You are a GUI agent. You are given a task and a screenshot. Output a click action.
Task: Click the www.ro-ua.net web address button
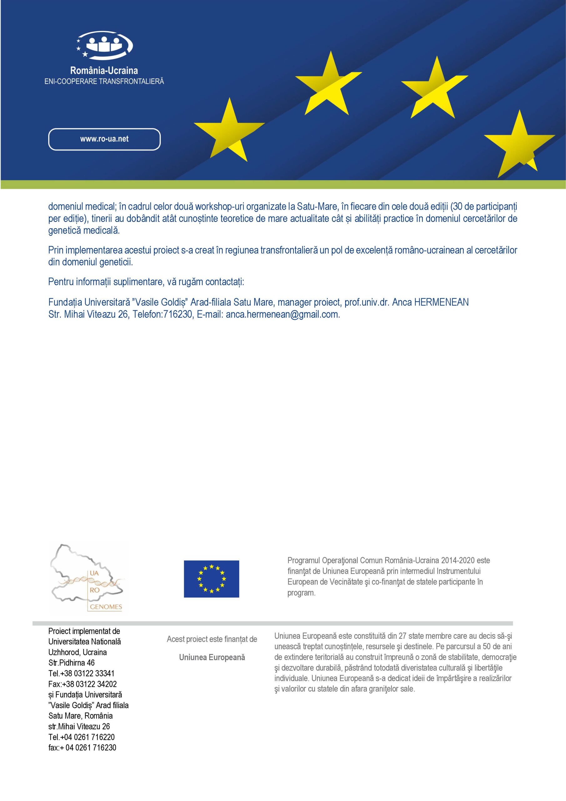tap(104, 139)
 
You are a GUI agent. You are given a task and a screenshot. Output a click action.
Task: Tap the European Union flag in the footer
tap(211, 579)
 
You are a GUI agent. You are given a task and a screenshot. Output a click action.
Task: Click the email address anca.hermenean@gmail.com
tap(282, 314)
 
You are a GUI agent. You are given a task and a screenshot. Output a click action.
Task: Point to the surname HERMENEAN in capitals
tap(441, 302)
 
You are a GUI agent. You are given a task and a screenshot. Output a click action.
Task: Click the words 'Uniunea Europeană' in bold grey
tap(212, 657)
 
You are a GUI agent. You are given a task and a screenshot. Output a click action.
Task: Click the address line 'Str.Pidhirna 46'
tap(72, 662)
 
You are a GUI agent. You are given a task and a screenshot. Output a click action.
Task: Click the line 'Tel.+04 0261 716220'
tap(82, 737)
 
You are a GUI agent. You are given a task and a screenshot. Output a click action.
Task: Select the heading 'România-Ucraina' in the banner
tap(104, 71)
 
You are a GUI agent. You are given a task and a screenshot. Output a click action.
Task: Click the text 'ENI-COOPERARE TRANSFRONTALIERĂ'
tap(104, 81)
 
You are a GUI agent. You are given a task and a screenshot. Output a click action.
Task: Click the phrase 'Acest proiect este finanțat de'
tap(212, 639)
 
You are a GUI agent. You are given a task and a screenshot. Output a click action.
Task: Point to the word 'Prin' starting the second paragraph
tap(55, 250)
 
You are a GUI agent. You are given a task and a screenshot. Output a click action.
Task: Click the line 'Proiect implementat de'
tap(84, 631)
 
